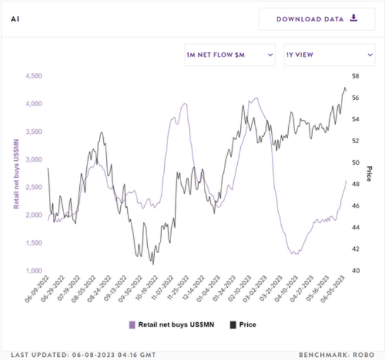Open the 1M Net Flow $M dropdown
(x=230, y=55)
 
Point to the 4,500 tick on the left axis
(x=33, y=76)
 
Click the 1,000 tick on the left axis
(x=33, y=271)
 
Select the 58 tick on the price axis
(x=355, y=76)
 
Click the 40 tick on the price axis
(x=355, y=271)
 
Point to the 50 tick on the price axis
(x=355, y=163)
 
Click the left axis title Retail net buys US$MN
(x=17, y=173)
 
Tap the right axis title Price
(x=369, y=173)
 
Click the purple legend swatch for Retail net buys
(x=132, y=325)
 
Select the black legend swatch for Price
(x=233, y=325)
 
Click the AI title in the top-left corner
(x=14, y=18)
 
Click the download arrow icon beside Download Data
(x=354, y=18)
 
